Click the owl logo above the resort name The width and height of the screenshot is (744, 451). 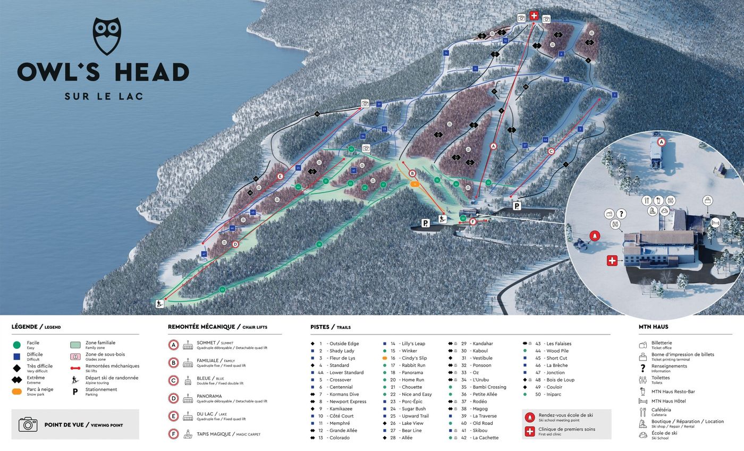click(107, 36)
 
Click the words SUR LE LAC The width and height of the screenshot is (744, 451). click(104, 96)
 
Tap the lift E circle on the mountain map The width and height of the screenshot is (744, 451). click(280, 176)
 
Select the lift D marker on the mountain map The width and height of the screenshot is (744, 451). click(235, 244)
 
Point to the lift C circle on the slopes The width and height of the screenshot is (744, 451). click(551, 152)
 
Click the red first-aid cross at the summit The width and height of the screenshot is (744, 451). click(534, 16)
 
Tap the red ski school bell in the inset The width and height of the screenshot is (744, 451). click(595, 236)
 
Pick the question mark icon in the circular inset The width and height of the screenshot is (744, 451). click(621, 214)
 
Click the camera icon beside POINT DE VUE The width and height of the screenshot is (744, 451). click(28, 424)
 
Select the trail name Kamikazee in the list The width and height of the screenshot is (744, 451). click(341, 408)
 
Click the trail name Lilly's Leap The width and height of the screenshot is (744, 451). click(413, 344)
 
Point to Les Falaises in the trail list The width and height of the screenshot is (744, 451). click(559, 344)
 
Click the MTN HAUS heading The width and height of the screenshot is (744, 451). click(653, 327)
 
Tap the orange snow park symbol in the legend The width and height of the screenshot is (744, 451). click(17, 391)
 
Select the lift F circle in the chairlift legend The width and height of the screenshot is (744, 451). click(173, 434)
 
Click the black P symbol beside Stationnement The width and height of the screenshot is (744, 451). click(75, 391)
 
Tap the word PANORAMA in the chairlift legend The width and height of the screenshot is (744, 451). click(209, 396)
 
